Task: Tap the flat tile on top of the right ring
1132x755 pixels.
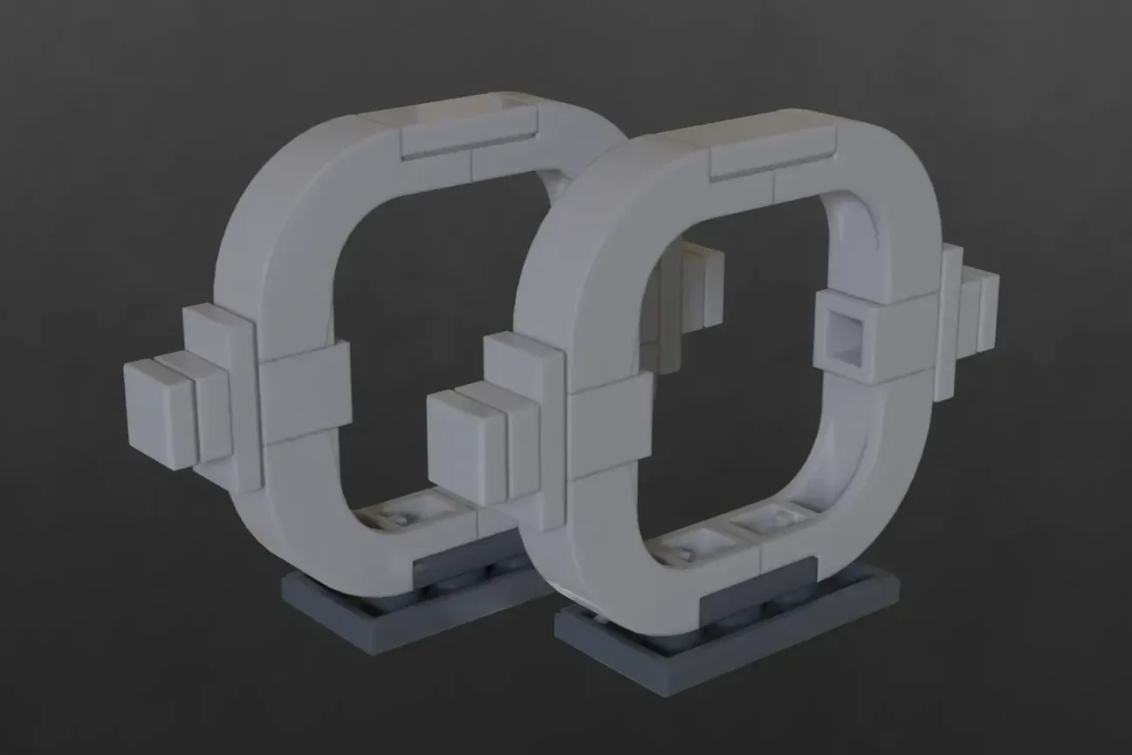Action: click(x=772, y=151)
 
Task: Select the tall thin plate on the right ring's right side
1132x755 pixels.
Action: click(x=949, y=319)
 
